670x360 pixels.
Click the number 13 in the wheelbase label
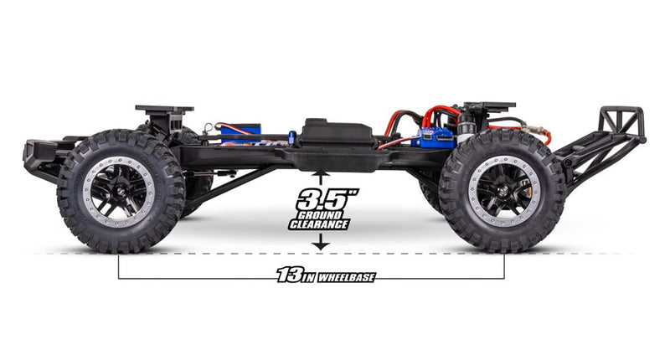tap(289, 275)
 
